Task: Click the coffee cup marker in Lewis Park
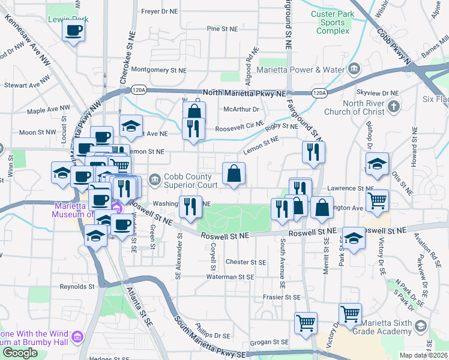coord(74,31)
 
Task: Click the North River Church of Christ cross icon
coord(394,106)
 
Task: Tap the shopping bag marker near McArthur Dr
coord(194,113)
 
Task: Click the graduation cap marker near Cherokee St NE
coord(131,127)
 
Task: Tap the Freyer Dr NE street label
coord(160,11)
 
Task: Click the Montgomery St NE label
coord(158,70)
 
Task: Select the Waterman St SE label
coord(231,277)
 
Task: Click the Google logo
coord(19,353)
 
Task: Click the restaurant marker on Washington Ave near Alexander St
coord(190,207)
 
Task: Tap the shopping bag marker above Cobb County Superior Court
coord(234,174)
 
